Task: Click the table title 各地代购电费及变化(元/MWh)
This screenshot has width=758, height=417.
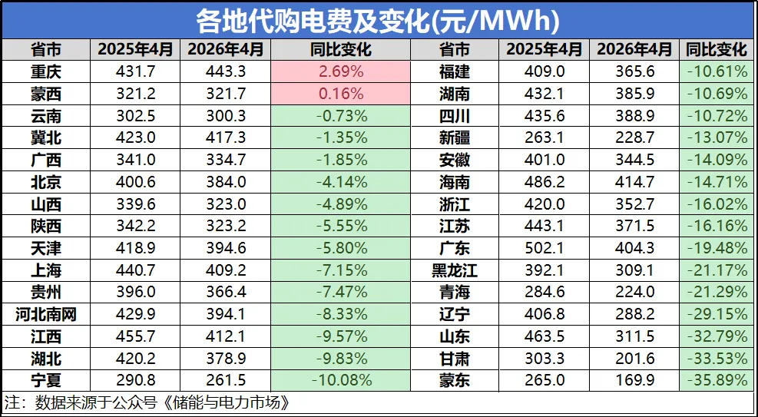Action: point(378,19)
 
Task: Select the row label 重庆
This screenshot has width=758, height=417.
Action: point(46,72)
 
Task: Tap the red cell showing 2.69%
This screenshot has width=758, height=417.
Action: point(340,72)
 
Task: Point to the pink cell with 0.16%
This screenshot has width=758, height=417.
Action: point(340,94)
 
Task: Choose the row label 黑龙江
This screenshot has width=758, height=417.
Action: point(455,270)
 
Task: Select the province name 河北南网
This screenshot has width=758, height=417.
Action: point(46,314)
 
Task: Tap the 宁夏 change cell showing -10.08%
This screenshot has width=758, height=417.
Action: point(340,380)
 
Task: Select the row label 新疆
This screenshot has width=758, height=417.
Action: point(455,138)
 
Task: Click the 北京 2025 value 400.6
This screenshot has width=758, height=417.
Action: point(134,182)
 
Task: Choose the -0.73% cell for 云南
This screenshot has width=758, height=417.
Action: point(340,117)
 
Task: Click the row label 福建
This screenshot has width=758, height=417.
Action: point(455,72)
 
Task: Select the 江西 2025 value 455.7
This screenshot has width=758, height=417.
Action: point(134,336)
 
